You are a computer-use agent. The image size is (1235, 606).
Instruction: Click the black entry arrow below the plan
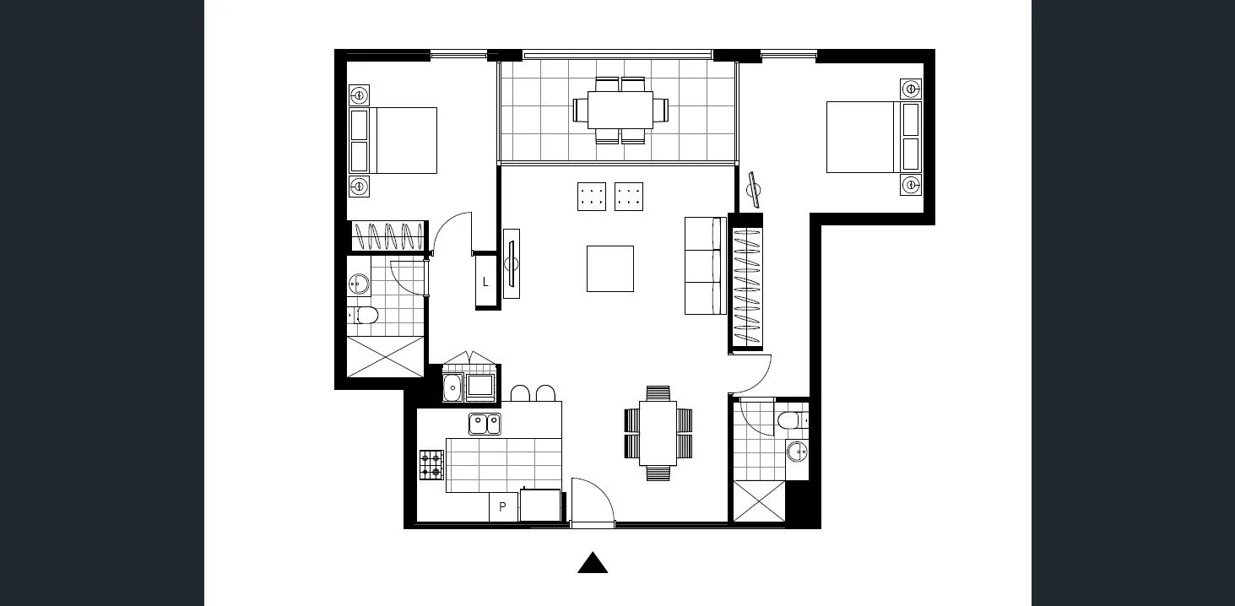click(593, 564)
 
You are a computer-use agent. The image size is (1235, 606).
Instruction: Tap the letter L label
click(485, 283)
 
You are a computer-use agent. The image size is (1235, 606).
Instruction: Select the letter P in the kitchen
click(502, 507)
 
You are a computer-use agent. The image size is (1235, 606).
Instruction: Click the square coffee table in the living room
click(609, 268)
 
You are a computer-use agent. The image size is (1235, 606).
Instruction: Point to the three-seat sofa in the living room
click(704, 266)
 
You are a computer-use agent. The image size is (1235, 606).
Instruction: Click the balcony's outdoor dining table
click(620, 110)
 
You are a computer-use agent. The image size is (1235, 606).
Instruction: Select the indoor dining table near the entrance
click(658, 432)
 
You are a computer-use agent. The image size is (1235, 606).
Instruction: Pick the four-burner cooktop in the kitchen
click(431, 464)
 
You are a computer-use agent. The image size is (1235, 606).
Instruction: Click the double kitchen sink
click(485, 424)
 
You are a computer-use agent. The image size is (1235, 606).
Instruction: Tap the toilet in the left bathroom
click(365, 316)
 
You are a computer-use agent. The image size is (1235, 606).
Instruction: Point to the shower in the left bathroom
click(384, 356)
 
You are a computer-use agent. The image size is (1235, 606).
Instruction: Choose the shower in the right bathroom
click(759, 500)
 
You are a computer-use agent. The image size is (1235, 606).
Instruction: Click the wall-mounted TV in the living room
click(511, 263)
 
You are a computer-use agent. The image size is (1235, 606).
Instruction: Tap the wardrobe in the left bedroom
click(387, 235)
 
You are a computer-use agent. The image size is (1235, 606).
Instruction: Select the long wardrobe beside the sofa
click(746, 282)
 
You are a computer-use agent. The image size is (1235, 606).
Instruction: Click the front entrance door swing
click(593, 502)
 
